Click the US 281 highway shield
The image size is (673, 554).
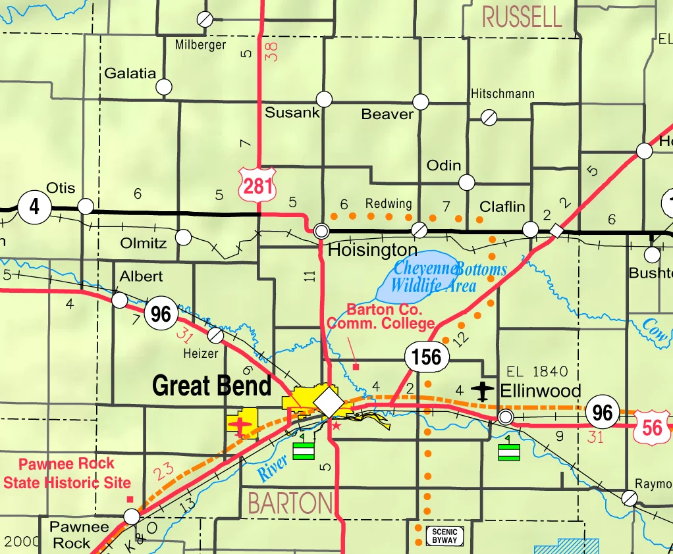click(x=257, y=186)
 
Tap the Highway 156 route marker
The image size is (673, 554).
click(x=427, y=357)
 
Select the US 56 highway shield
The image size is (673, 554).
click(x=652, y=427)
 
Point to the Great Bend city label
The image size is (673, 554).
click(x=211, y=386)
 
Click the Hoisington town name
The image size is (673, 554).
click(x=372, y=250)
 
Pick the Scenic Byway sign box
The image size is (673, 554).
click(x=444, y=536)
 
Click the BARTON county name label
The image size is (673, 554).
click(x=290, y=503)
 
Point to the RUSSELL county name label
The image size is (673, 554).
click(x=522, y=16)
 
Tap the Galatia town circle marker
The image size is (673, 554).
click(x=164, y=87)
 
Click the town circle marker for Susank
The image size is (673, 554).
click(x=324, y=99)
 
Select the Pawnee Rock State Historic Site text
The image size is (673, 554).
click(x=67, y=473)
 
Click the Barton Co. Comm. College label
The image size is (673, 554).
click(x=381, y=316)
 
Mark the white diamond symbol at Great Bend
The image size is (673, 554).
click(x=327, y=401)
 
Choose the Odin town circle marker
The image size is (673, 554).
click(x=467, y=182)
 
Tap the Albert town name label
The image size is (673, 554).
click(x=141, y=276)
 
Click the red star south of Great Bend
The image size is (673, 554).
click(x=336, y=426)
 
